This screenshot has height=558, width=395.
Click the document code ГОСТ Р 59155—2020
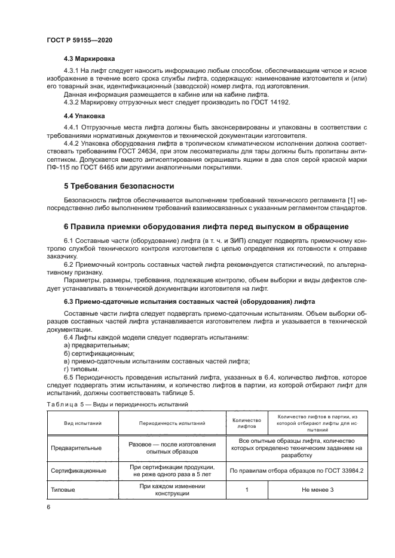[79, 39]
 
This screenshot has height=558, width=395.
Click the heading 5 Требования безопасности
[119, 186]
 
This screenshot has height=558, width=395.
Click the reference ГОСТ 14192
[254, 102]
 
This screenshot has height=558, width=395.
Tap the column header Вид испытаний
[82, 423]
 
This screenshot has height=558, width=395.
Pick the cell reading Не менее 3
[316, 490]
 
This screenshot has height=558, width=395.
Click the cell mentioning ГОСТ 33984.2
[296, 470]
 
